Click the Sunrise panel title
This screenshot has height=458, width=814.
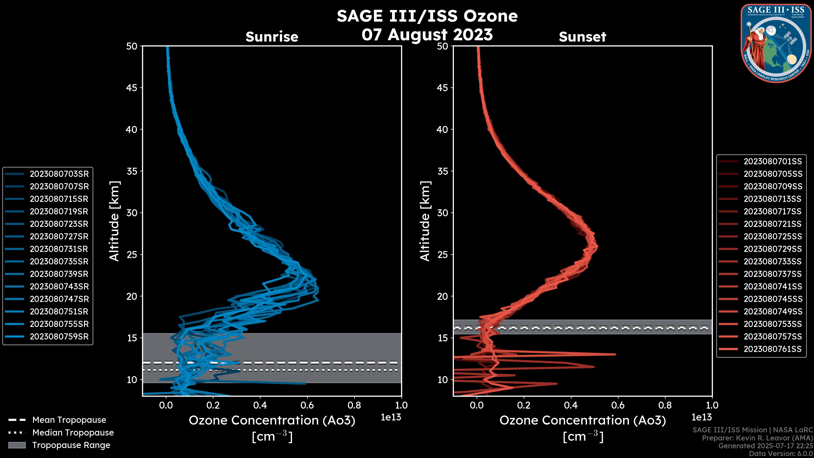pyautogui.click(x=272, y=37)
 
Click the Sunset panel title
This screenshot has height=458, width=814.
pyautogui.click(x=582, y=37)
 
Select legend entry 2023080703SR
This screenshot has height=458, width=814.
pyautogui.click(x=59, y=174)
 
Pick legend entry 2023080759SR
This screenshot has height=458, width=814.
pyautogui.click(x=59, y=337)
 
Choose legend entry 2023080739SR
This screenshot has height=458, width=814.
pyautogui.click(x=59, y=274)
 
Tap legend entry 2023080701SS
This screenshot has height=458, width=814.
pyautogui.click(x=773, y=162)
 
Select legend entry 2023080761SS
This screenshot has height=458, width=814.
pyautogui.click(x=773, y=349)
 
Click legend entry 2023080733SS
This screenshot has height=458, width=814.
pyautogui.click(x=773, y=261)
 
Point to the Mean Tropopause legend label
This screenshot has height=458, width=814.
pyautogui.click(x=69, y=420)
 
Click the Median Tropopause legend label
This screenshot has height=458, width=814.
pyautogui.click(x=73, y=433)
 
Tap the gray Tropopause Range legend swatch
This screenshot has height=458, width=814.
pyautogui.click(x=17, y=445)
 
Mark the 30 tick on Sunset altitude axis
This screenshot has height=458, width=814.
pyautogui.click(x=442, y=213)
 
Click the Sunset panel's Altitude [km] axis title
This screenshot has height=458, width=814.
pyautogui.click(x=425, y=221)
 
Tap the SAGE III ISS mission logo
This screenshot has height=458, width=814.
pyautogui.click(x=776, y=43)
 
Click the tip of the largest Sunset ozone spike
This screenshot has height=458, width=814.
pyautogui.click(x=615, y=354)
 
